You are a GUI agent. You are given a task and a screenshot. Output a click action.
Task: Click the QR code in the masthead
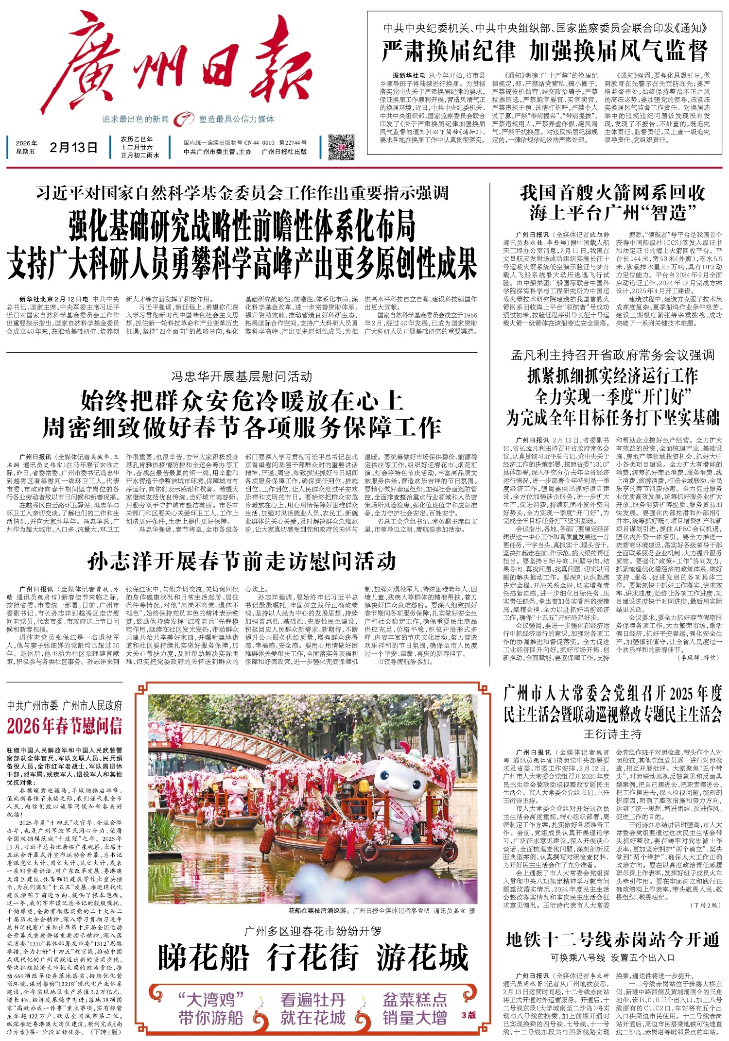(x=342, y=148)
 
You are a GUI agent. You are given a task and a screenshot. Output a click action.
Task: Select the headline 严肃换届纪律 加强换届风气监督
(x=544, y=51)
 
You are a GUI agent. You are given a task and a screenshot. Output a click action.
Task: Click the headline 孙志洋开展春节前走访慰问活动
(x=242, y=562)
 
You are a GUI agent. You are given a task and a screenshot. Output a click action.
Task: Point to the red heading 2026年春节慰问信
(x=65, y=726)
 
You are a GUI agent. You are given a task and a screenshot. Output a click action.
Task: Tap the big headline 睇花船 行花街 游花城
(x=313, y=957)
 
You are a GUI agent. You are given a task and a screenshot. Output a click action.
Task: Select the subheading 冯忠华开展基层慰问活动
(x=242, y=376)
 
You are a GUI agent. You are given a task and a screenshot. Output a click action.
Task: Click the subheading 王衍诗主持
(x=612, y=734)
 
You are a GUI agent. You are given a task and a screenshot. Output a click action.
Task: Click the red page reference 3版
(x=469, y=1015)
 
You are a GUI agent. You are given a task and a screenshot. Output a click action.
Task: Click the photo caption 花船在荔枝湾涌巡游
(x=318, y=910)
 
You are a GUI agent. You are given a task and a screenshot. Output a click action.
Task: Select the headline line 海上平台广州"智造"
(x=612, y=212)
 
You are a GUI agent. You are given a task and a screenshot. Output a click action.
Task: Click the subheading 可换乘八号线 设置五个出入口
(x=612, y=957)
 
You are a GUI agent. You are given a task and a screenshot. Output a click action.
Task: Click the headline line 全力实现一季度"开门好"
(x=612, y=397)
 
